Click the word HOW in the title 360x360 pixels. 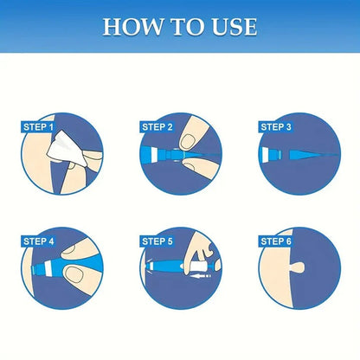(129, 26)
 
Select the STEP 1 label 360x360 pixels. (39, 128)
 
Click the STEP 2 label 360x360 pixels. (157, 127)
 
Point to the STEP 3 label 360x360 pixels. (276, 127)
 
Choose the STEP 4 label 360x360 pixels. (39, 241)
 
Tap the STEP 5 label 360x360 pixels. (157, 241)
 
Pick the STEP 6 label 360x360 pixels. (276, 241)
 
